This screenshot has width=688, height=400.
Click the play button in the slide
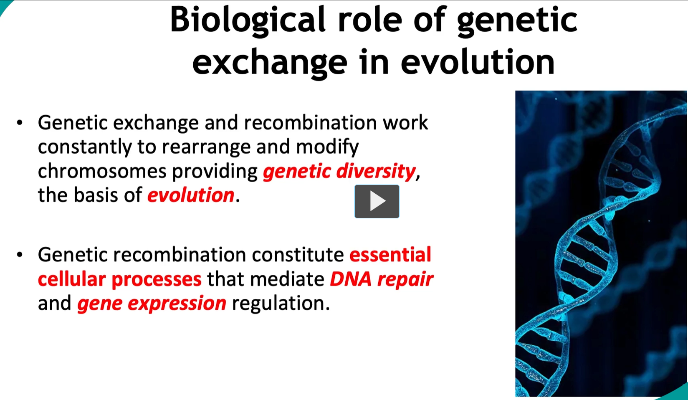377,201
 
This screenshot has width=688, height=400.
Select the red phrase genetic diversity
339,171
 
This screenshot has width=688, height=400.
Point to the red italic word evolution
191,195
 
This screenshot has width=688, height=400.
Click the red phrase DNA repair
381,279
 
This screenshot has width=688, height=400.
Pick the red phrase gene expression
152,303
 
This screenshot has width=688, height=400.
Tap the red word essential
390,255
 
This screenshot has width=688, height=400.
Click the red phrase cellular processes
119,279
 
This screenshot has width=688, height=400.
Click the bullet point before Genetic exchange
20,123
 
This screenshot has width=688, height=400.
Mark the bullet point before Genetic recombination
20,255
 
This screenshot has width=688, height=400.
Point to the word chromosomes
102,171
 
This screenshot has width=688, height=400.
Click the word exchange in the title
269,62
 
